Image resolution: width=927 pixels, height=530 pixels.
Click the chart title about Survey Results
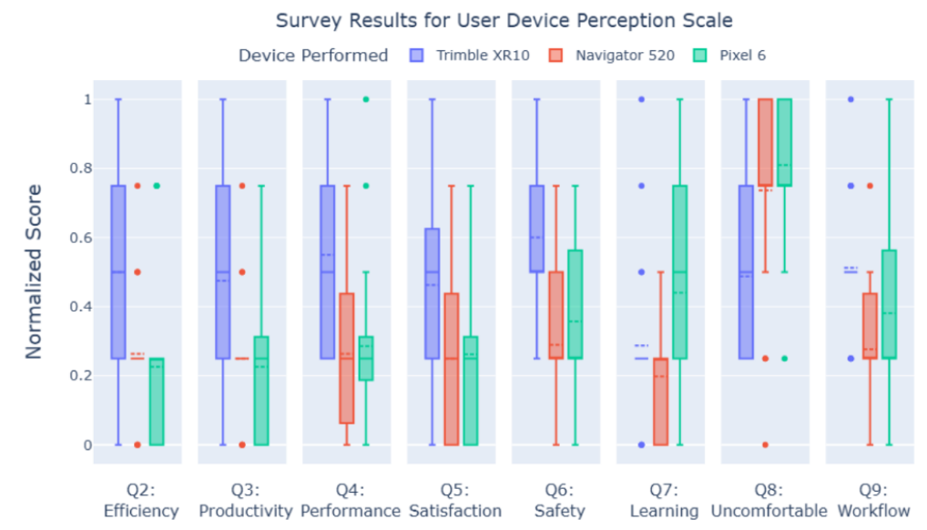(x=504, y=20)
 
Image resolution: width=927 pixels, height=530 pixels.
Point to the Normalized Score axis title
(x=34, y=271)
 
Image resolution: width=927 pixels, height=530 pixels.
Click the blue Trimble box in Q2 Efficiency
(x=118, y=271)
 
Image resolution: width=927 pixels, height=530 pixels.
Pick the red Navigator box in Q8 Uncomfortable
(x=765, y=142)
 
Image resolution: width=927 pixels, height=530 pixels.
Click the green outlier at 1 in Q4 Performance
(x=366, y=99)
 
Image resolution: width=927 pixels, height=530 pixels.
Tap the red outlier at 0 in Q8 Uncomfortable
(x=765, y=445)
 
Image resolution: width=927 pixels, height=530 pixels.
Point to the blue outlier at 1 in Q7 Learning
(x=641, y=99)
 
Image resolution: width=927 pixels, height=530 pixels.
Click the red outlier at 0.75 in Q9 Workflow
(x=870, y=186)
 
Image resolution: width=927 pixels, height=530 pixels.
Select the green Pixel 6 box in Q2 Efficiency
(x=157, y=401)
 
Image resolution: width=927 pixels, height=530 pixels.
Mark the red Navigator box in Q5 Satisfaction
(x=451, y=369)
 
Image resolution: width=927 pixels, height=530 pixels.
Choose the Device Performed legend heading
(x=312, y=56)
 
